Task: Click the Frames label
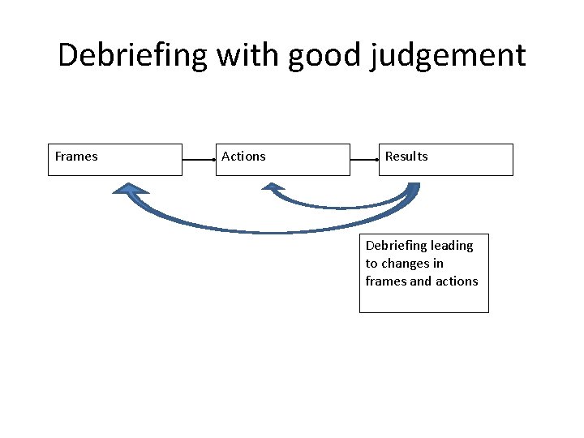click(x=76, y=157)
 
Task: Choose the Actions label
click(x=243, y=157)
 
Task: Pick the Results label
click(x=406, y=157)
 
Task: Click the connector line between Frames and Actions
click(x=199, y=160)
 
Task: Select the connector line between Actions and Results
click(x=364, y=160)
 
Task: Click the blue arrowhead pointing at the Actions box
click(x=273, y=187)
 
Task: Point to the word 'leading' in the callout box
click(x=452, y=245)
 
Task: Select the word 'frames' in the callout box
click(x=385, y=281)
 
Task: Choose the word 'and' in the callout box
click(x=421, y=281)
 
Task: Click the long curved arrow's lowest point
click(x=268, y=232)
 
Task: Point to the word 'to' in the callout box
click(x=371, y=263)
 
